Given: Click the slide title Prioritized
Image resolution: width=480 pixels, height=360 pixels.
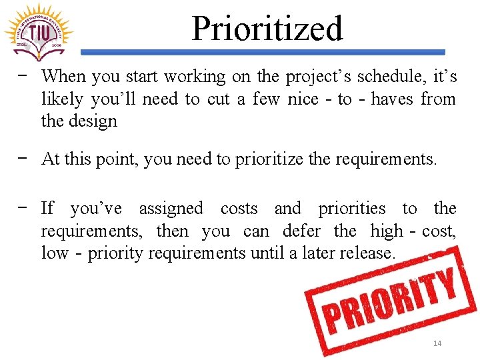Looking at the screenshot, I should [x=267, y=28].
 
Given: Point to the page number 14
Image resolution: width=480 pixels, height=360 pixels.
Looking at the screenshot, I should [x=437, y=343].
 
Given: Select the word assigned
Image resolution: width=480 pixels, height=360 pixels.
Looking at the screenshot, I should [x=171, y=209].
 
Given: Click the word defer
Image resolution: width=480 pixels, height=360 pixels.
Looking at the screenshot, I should [x=301, y=231].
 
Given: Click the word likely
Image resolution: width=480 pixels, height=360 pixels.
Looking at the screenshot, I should [x=62, y=99].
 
